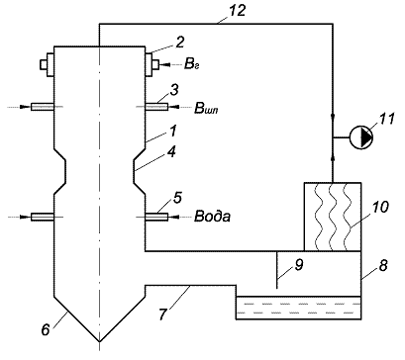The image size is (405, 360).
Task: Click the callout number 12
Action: [238, 11]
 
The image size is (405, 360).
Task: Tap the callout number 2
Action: [180, 43]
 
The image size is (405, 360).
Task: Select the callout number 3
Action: [175, 90]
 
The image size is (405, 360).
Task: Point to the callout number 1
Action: [173, 131]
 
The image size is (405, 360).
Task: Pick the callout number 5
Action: [177, 198]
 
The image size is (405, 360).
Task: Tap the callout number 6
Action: [46, 329]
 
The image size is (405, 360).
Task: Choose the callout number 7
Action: [162, 314]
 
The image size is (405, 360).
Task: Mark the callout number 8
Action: [383, 265]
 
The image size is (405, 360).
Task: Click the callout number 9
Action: [299, 265]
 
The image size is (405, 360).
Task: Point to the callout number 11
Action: [387, 119]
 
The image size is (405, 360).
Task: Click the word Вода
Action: [213, 217]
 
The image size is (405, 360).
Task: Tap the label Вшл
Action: [206, 108]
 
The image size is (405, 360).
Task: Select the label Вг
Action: [191, 64]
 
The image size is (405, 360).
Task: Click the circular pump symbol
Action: [361, 137]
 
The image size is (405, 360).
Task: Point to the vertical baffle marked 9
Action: [276, 270]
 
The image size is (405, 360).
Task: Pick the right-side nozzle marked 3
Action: [156, 107]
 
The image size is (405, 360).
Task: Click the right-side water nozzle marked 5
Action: [156, 217]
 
